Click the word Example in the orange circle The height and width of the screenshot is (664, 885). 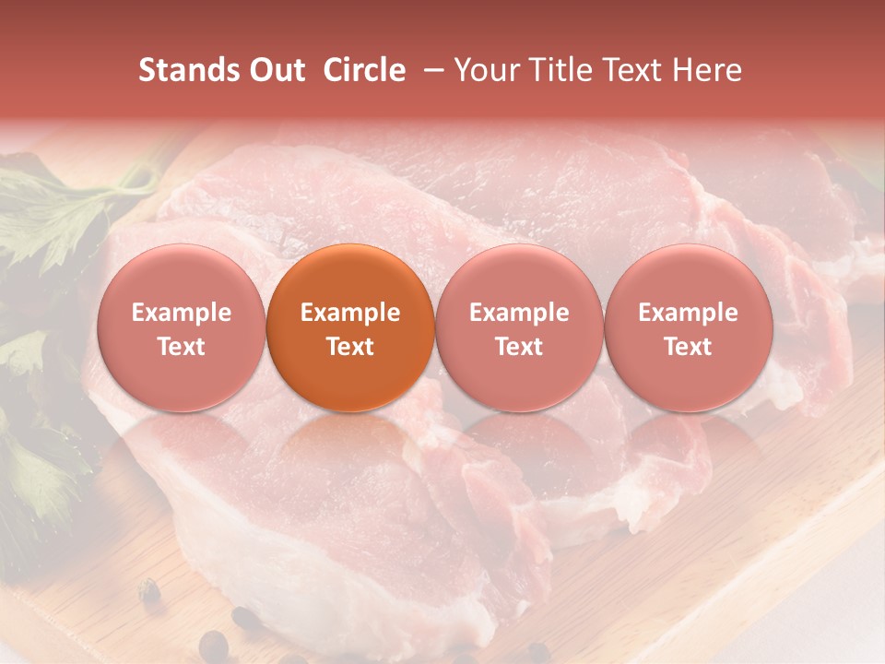(x=350, y=313)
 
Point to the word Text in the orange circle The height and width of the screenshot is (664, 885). (x=350, y=347)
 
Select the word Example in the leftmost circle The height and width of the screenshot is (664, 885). (x=181, y=313)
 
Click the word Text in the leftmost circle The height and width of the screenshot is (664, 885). (x=181, y=347)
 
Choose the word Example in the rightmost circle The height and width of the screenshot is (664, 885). (x=689, y=313)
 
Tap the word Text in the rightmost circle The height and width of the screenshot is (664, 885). (x=689, y=347)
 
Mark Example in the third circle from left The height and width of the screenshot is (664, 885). (x=519, y=313)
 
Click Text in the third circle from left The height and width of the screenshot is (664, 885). (x=519, y=347)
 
